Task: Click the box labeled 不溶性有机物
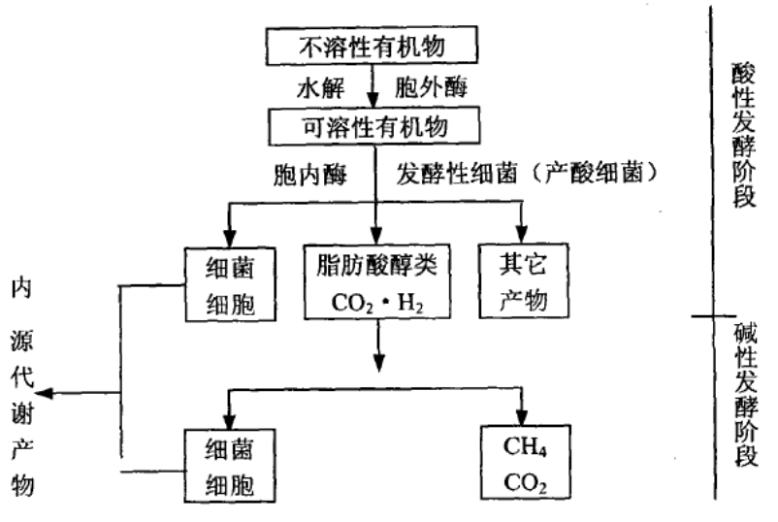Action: [x=372, y=47]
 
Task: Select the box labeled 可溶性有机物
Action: [x=372, y=125]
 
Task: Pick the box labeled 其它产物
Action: [x=523, y=281]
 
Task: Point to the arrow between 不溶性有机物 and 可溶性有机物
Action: [x=373, y=87]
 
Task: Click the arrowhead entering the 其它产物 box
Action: [x=523, y=234]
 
